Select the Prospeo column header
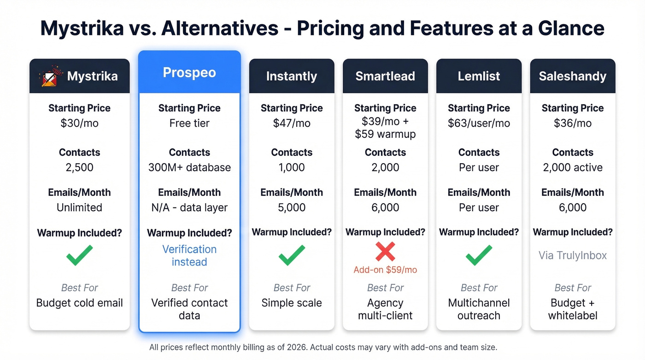pos(189,73)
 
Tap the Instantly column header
pos(292,76)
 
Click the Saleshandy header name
pos(573,76)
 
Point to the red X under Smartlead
pos(385,252)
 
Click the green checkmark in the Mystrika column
pos(79,255)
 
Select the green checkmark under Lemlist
pos(479,255)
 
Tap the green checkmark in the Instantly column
pos(292,255)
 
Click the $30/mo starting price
pos(79,123)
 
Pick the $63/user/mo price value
pos(479,123)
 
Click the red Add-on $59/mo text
pos(385,270)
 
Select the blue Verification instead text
pos(189,255)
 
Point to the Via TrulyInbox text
pos(573,255)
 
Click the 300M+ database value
pos(189,167)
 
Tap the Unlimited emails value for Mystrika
pos(79,207)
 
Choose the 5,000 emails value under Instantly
pos(292,207)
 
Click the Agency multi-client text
pos(385,309)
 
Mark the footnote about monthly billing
pos(323,347)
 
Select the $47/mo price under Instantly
pos(292,123)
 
